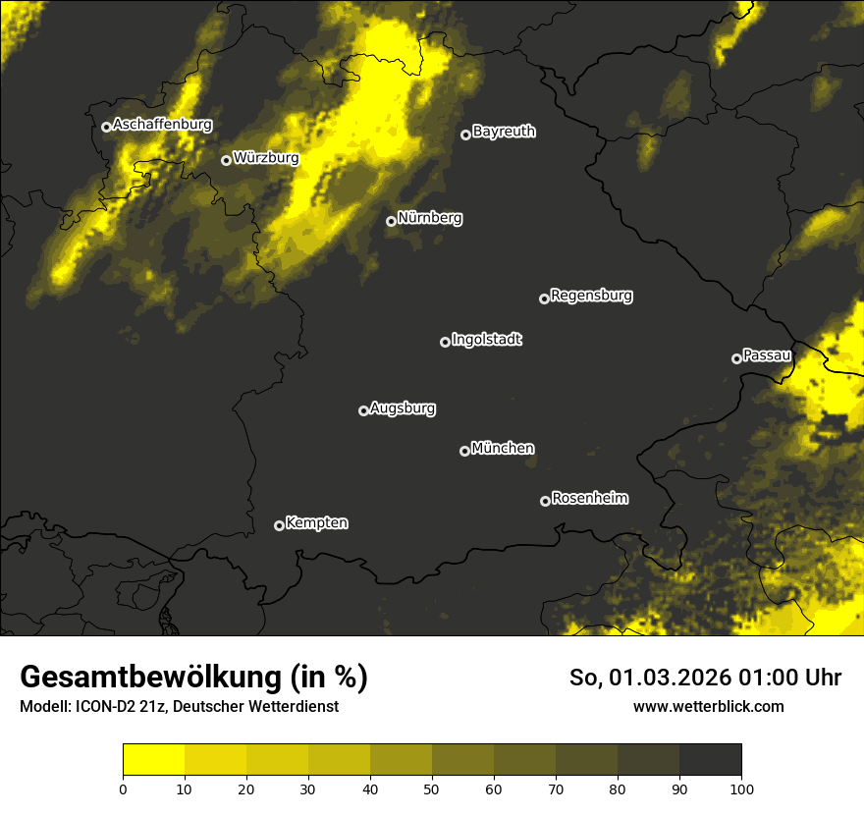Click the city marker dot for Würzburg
(226, 160)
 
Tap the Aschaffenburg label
(162, 125)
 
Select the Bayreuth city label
(504, 132)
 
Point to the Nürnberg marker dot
(391, 221)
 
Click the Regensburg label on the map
(591, 295)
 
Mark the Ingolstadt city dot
(445, 342)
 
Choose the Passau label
(767, 354)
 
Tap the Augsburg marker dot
(363, 410)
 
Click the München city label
(503, 448)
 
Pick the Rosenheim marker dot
(545, 501)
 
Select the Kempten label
(316, 522)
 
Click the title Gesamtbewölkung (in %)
(193, 678)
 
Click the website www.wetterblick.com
(709, 706)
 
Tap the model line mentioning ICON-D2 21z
(179, 706)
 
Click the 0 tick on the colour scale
(123, 788)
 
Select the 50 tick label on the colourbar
(432, 788)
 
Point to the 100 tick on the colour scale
(741, 788)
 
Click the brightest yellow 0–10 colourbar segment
(153, 759)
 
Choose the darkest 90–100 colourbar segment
(710, 759)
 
